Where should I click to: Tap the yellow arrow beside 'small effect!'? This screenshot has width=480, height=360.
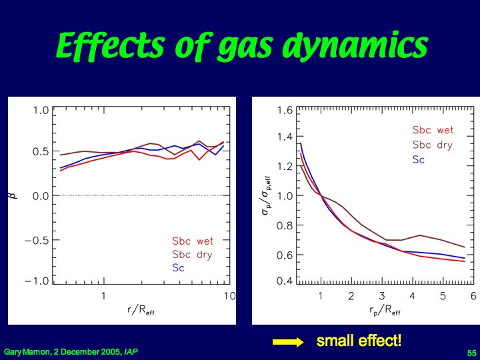click(x=288, y=342)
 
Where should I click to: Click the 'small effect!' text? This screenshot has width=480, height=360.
click(x=359, y=341)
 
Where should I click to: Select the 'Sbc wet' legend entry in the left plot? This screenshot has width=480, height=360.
click(x=193, y=241)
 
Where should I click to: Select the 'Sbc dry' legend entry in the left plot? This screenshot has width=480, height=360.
click(x=192, y=255)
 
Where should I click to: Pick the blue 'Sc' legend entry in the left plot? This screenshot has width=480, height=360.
click(x=178, y=267)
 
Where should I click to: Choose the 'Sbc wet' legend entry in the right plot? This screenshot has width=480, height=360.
click(x=433, y=131)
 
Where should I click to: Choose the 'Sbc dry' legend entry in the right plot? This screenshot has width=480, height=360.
click(x=432, y=145)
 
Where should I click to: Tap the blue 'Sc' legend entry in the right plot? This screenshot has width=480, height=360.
click(x=418, y=159)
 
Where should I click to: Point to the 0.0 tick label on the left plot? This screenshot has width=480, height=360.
click(x=41, y=195)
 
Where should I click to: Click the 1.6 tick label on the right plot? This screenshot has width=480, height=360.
click(x=285, y=110)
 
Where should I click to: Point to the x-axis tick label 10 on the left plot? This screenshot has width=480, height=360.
click(x=229, y=296)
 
